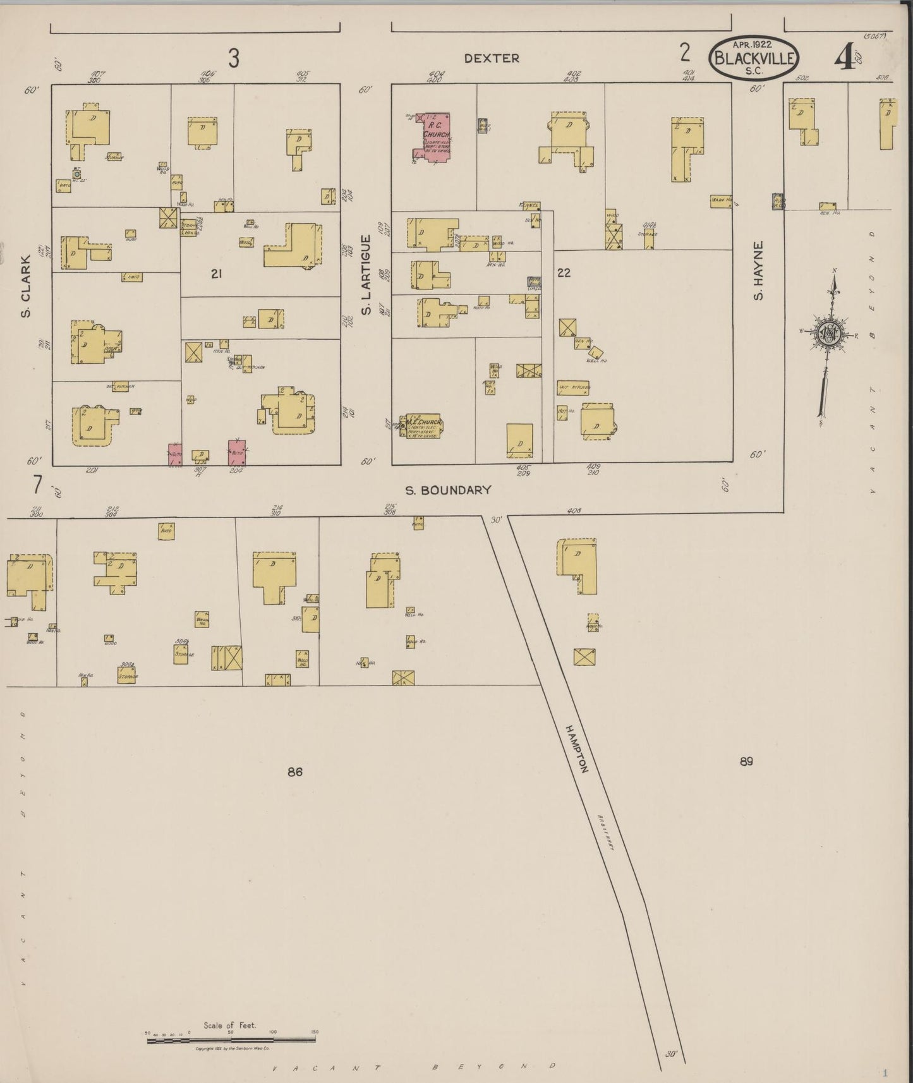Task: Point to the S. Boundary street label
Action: click(448, 490)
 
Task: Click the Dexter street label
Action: click(492, 58)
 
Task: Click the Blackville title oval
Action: click(754, 57)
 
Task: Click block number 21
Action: click(217, 274)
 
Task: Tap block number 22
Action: click(564, 273)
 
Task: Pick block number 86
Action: click(294, 771)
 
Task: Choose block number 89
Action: click(746, 761)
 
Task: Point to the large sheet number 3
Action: click(234, 58)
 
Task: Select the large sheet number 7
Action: click(38, 485)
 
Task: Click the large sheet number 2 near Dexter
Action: click(685, 52)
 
